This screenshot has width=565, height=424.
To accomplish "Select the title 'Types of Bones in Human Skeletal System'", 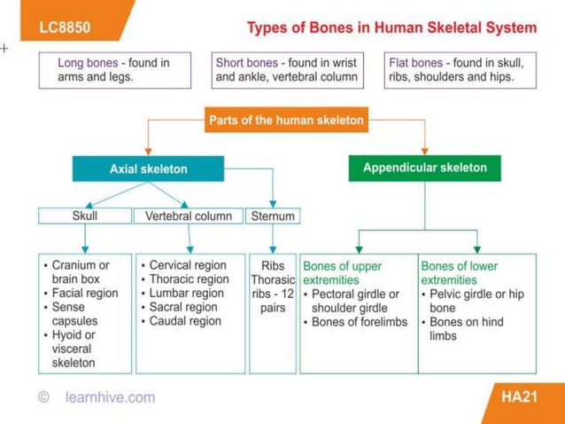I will point(391,27).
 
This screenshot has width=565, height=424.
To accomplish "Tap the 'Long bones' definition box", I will point(115,70).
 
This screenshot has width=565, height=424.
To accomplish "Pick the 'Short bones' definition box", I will point(287,70).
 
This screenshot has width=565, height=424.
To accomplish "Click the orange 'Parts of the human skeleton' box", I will point(286,121).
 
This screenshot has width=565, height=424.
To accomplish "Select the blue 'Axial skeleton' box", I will point(148,169).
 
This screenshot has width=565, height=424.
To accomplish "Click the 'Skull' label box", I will point(85,216).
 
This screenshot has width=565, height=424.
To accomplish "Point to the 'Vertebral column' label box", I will point(188,216).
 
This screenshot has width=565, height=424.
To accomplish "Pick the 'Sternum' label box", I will point(273,216).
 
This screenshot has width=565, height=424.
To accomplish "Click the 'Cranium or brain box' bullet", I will point(79,271).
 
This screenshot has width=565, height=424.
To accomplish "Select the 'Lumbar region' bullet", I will point(186,293).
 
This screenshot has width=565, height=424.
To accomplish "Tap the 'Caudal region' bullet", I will point(185,321).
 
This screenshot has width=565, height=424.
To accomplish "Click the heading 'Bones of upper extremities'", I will point(344,272).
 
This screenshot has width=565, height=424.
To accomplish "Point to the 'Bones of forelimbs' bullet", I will point(359,322).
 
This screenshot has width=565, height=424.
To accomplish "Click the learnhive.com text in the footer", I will point(110,397).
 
